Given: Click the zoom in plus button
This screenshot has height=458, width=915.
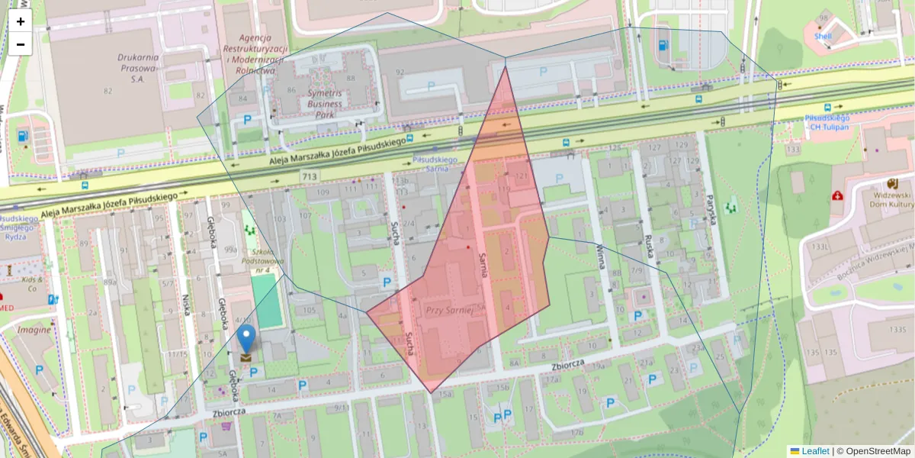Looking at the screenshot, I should [21, 21].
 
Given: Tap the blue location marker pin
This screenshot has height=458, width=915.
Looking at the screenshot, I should [246, 337].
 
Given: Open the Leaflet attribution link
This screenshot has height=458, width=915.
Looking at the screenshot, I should [814, 451].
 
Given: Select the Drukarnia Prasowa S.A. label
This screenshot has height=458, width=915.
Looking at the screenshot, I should [137, 67].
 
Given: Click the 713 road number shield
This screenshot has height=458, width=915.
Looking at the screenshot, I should [309, 177].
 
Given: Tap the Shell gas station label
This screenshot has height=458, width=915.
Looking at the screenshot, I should [823, 36].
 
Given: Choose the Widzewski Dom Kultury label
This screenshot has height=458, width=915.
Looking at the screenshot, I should [892, 199].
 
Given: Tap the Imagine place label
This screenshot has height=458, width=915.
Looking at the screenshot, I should [34, 330].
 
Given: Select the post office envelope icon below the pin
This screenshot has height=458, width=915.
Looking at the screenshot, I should [246, 357].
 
